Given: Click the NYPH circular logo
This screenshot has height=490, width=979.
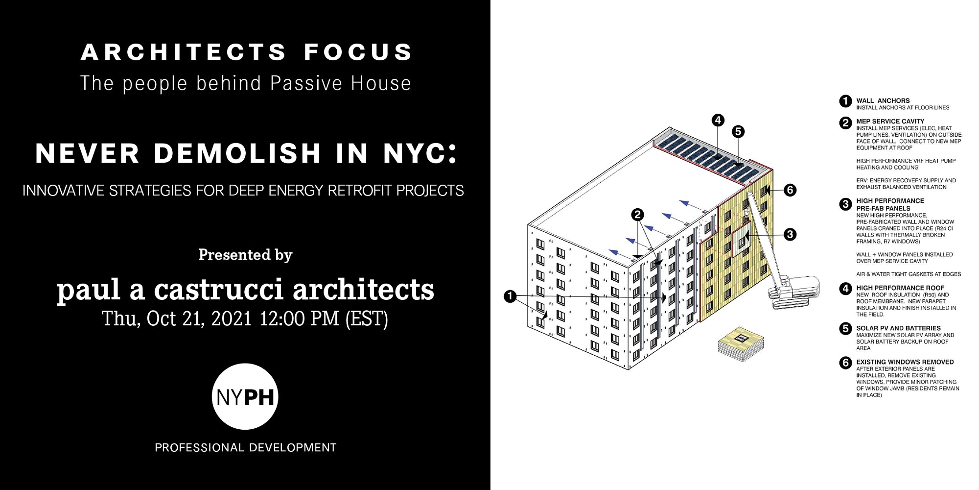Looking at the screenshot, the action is click(245, 396).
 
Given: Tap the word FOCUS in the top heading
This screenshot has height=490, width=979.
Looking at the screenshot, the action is click(358, 52).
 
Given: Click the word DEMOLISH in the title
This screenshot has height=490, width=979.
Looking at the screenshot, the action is click(237, 153).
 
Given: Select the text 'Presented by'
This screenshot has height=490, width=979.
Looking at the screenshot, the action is click(245, 255).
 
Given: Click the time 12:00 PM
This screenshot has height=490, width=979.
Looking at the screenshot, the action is click(299, 318).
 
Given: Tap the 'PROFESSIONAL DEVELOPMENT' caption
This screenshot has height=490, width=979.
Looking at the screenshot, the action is click(246, 447).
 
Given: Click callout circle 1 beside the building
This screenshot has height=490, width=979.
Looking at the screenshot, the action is click(510, 296).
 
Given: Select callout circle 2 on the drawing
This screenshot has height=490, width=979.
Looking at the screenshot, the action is click(637, 215).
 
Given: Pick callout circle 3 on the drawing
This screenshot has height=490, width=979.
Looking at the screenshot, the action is click(790, 235).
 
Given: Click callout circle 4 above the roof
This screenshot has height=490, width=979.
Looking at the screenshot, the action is click(718, 120).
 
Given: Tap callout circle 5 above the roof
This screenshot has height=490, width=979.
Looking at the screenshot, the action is click(738, 131).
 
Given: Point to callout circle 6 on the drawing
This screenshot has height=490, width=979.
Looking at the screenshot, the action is click(790, 190).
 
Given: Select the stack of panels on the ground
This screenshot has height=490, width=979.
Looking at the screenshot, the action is click(741, 344).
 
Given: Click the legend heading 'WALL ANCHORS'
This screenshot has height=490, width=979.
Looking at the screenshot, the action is click(883, 100).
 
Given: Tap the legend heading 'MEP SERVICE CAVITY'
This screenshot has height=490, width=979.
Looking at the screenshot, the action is click(890, 121).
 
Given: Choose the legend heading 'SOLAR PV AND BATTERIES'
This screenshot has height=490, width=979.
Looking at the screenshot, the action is click(899, 328).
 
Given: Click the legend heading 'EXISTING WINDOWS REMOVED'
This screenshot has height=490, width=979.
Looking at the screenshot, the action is click(905, 362).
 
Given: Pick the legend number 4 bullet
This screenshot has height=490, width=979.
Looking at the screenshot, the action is click(845, 289).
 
